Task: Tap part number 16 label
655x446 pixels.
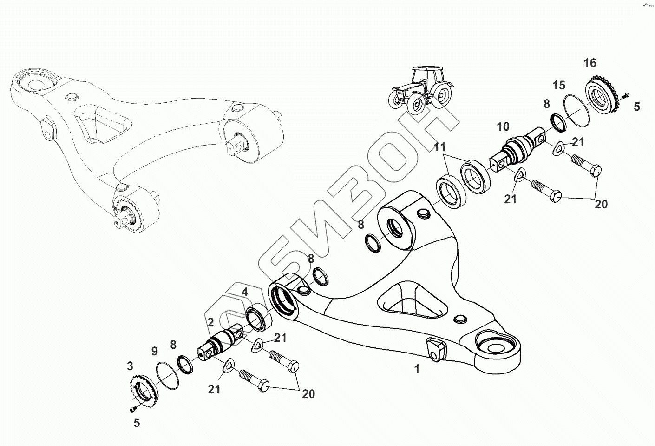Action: click(589, 63)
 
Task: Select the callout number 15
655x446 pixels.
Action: click(559, 85)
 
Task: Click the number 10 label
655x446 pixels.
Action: click(503, 126)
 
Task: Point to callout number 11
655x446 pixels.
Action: click(439, 148)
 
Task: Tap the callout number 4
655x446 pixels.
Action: click(244, 293)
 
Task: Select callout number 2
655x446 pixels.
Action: click(210, 322)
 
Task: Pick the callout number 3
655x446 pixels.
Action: click(130, 366)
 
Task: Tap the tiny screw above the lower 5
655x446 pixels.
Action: click(132, 409)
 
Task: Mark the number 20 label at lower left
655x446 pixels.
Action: click(308, 394)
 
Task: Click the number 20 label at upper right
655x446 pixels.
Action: click(601, 204)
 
